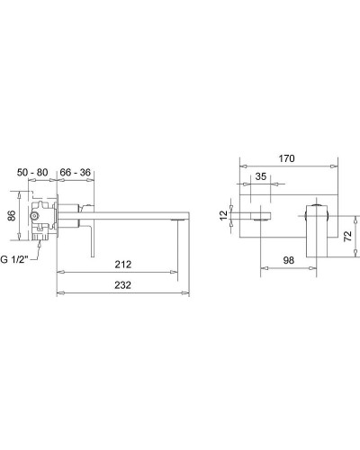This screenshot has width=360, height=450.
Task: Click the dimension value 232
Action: coord(123,284)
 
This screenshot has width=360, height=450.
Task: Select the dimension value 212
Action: coord(123,265)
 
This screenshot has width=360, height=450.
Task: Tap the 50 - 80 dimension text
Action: coord(32,173)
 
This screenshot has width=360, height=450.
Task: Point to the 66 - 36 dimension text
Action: coord(75,173)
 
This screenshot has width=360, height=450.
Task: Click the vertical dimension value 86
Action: coord(12,216)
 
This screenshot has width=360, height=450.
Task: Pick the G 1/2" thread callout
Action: coord(14,259)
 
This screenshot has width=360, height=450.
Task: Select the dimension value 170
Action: coord(286,158)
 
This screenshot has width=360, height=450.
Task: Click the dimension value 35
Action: coord(261,176)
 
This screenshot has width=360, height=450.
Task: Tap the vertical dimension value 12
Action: coord(224,215)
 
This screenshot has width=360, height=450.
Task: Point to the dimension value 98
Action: coord(288,260)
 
